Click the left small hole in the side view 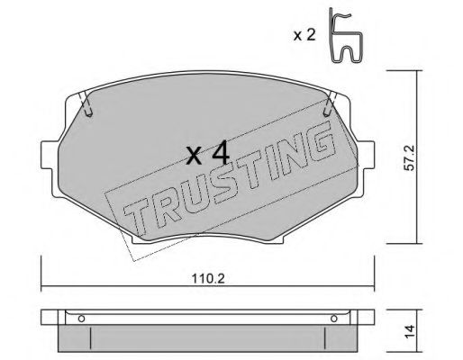81,318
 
